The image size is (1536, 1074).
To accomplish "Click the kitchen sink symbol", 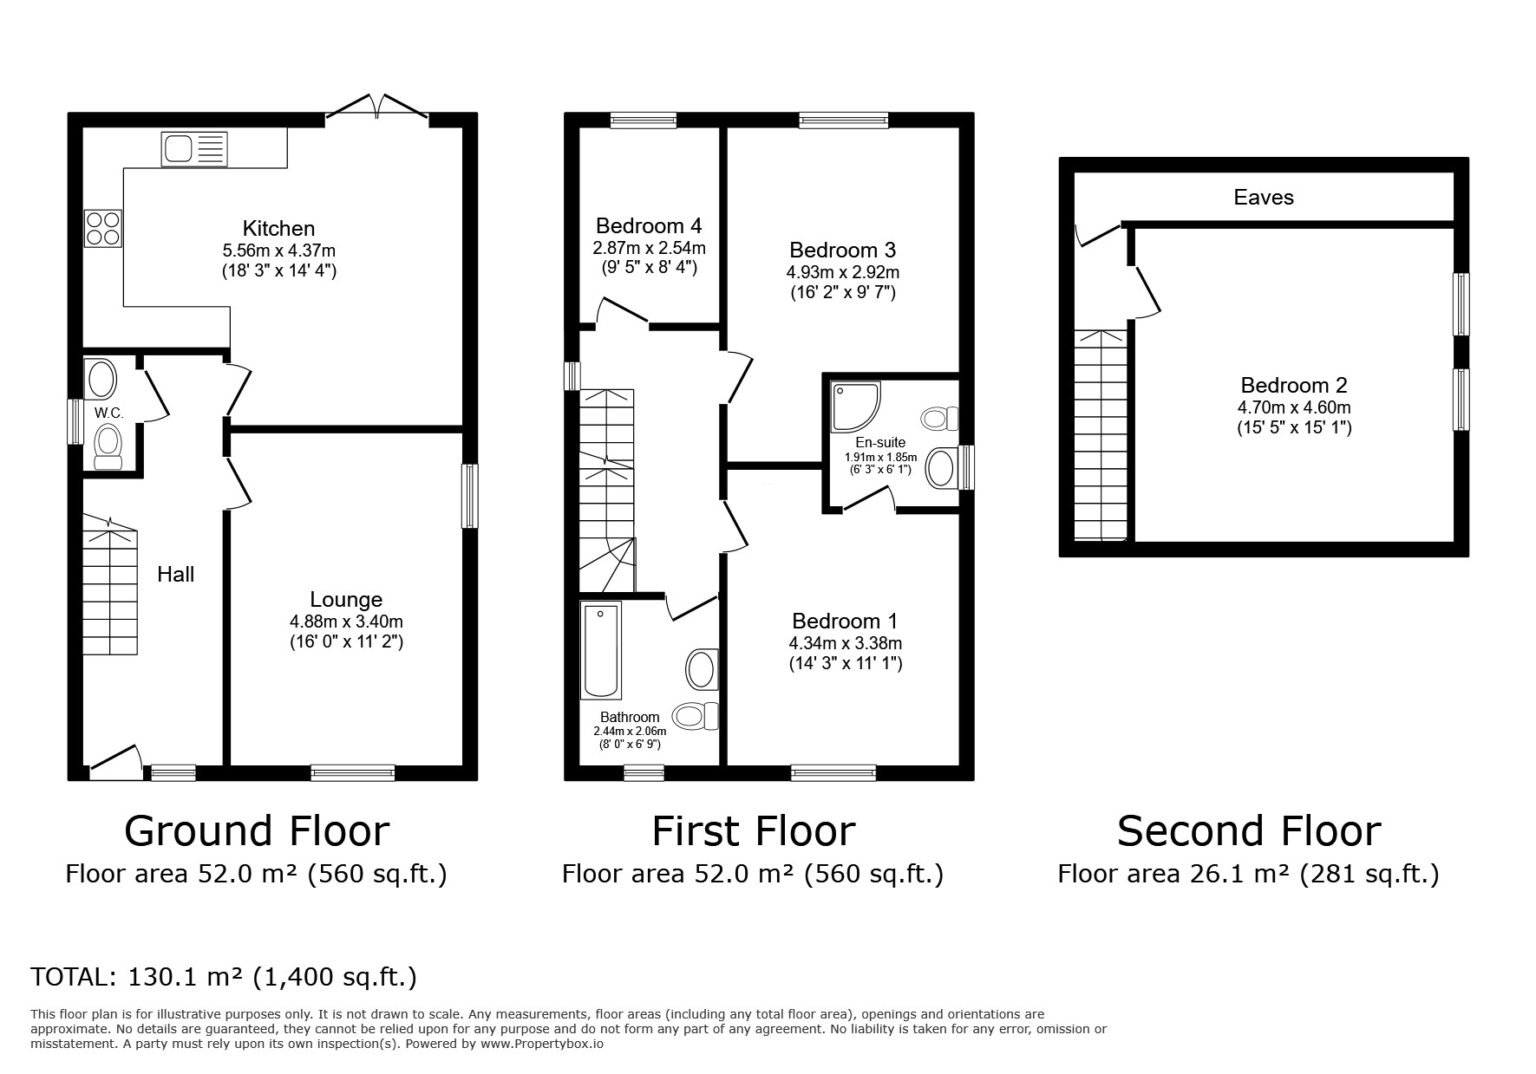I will (x=193, y=149).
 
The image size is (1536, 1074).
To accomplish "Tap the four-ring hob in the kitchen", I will (x=103, y=228).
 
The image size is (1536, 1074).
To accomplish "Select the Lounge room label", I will (x=346, y=599).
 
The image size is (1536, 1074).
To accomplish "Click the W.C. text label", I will (x=108, y=413).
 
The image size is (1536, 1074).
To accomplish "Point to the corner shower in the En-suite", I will (x=854, y=407).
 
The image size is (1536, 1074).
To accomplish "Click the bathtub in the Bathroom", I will (x=601, y=650).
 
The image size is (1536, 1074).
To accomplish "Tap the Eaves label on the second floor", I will (x=1263, y=198).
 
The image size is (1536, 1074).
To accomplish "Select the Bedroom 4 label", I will (x=649, y=225).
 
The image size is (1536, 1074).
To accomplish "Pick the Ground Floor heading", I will (x=257, y=830).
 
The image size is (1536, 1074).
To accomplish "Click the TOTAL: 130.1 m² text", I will (x=224, y=978).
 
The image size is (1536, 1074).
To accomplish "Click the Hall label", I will (x=175, y=574).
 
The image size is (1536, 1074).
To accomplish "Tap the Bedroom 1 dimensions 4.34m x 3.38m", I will (x=845, y=643).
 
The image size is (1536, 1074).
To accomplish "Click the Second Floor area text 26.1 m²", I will (x=1247, y=874).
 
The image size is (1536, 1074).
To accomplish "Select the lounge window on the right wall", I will (x=469, y=496).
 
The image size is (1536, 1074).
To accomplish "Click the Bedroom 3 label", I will (x=842, y=250).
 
